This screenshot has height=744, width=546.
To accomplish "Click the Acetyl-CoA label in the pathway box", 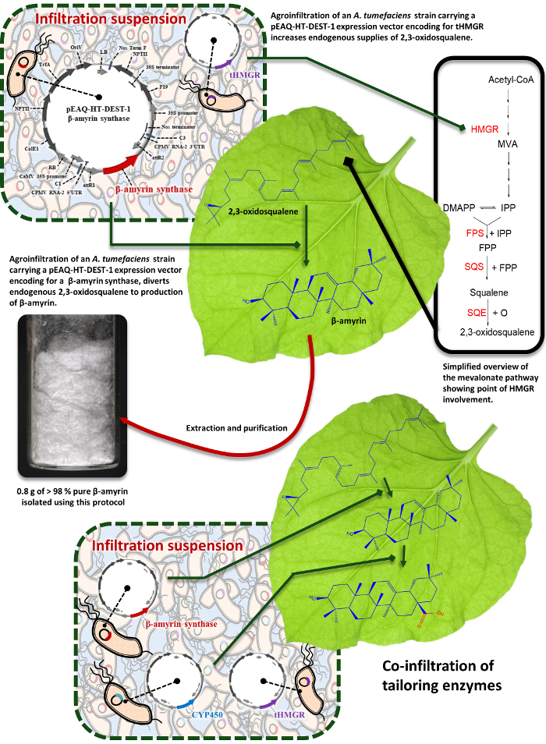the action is coord(508,80).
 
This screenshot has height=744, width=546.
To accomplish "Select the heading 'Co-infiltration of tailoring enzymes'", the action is coord(441,679).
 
